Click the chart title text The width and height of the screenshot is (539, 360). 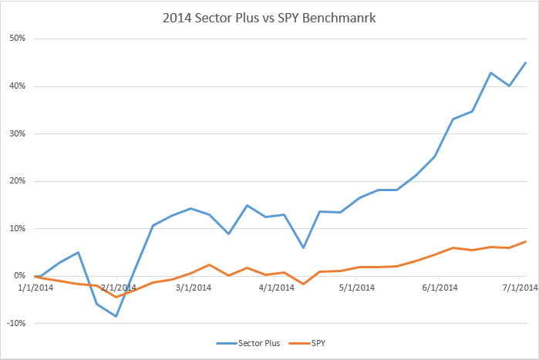click(270, 16)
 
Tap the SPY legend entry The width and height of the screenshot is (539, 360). click(308, 341)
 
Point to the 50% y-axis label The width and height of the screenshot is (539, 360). click(18, 39)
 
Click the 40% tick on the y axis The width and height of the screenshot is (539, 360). click(18, 86)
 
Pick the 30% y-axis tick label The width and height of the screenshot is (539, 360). click(18, 133)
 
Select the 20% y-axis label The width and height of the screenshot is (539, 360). click(18, 181)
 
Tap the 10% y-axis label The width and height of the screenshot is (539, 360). click(18, 228)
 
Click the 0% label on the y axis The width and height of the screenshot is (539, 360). click(20, 276)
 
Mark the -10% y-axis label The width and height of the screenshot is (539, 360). click(16, 323)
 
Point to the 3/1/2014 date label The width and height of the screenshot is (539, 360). click(193, 288)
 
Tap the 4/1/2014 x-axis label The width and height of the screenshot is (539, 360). click(276, 288)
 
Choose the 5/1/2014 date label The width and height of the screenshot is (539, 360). click(355, 288)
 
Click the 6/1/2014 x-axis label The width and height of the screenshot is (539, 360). click(438, 288)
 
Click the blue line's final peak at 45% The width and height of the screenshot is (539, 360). click(526, 62)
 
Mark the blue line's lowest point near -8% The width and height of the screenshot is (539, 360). click(116, 316)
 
